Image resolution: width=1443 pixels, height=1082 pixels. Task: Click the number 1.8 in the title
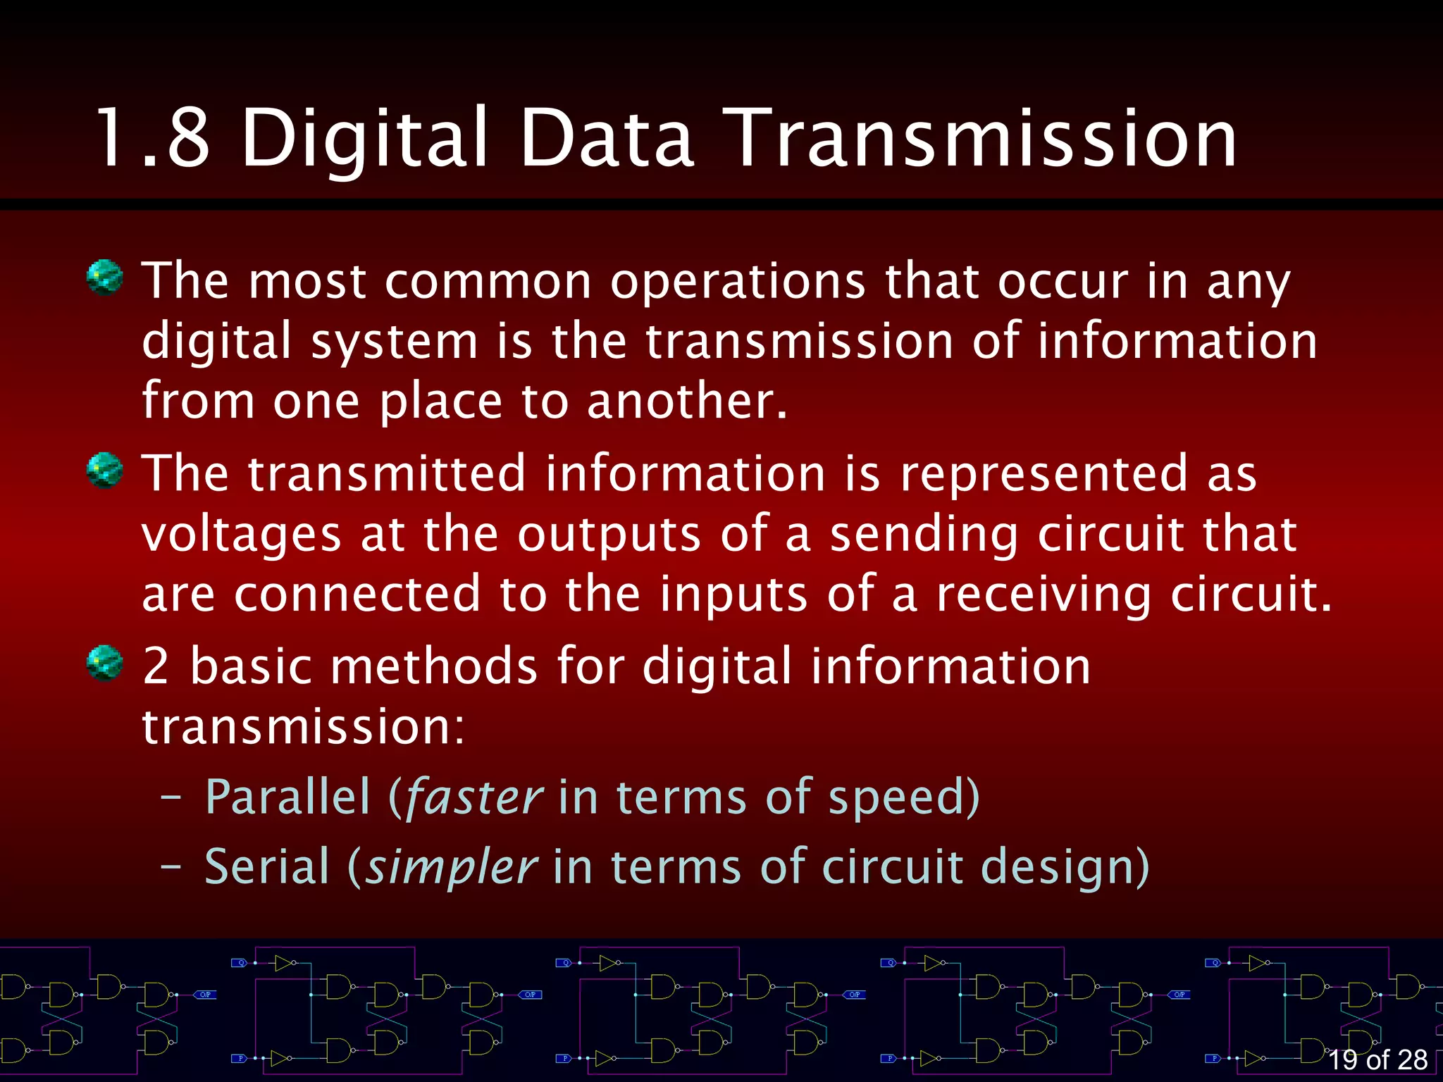tap(152, 139)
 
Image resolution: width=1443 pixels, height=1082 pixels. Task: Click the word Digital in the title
tap(365, 139)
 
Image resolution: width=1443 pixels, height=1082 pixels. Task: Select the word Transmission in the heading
tap(982, 139)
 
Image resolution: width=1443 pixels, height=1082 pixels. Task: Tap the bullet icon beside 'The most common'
tap(104, 278)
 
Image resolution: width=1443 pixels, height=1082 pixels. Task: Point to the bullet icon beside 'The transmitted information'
tap(104, 470)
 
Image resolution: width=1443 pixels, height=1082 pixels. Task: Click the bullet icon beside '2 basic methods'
tap(104, 662)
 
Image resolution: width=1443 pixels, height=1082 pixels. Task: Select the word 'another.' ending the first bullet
tap(687, 402)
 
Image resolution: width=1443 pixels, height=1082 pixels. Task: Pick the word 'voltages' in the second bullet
tap(242, 534)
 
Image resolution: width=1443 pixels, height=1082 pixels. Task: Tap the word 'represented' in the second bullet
tap(1043, 473)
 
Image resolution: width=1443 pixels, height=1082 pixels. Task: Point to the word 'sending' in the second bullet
tap(924, 534)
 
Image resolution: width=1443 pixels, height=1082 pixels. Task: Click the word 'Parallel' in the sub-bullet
tap(287, 797)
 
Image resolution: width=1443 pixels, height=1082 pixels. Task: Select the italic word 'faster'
tap(474, 797)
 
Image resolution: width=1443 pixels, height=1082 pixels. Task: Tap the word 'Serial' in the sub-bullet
tap(267, 866)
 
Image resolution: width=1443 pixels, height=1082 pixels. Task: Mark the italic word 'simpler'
tap(452, 868)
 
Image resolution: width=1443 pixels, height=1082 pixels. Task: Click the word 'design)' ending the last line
tap(1065, 868)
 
